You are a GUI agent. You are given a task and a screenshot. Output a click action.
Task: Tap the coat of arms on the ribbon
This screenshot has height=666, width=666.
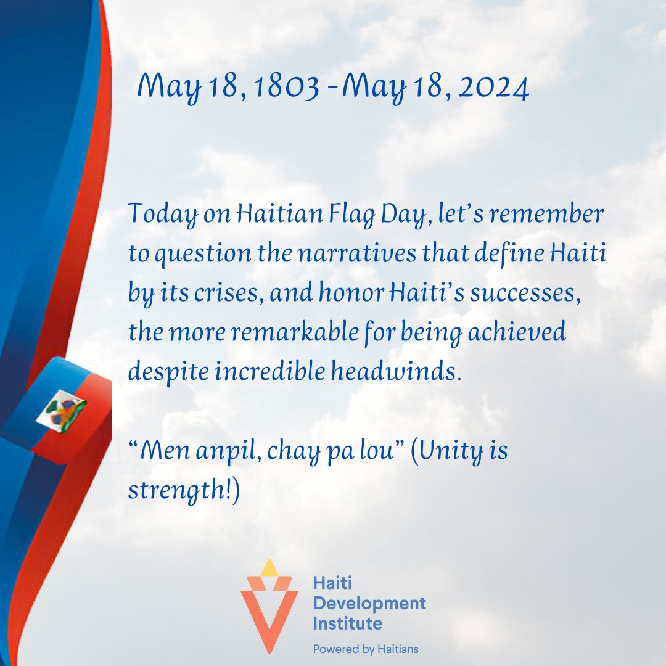coord(61,411)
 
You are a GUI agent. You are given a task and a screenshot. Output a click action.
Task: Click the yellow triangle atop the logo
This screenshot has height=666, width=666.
coord(269,568)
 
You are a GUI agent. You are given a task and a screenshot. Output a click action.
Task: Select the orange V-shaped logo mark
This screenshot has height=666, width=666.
coord(269,617)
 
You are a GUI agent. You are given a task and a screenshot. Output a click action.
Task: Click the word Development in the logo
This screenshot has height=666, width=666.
coord(369,602)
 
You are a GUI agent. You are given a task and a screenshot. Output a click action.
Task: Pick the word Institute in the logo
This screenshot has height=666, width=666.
coord(347,623)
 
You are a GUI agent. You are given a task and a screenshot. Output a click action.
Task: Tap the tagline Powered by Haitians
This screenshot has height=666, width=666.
coord(366,649)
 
